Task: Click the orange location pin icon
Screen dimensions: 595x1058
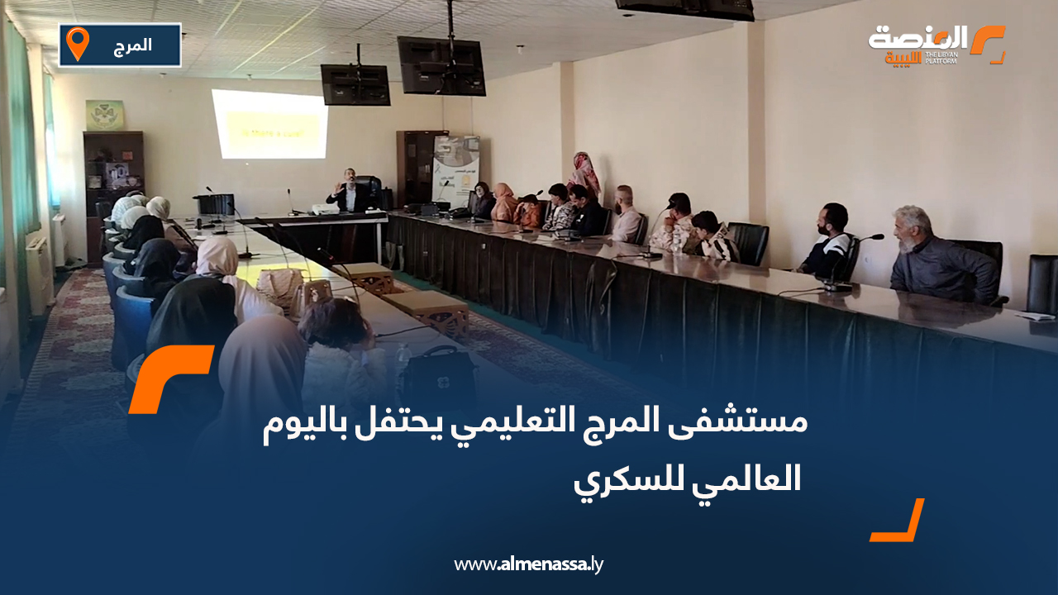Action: point(77,43)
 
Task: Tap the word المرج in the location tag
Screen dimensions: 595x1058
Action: point(132,45)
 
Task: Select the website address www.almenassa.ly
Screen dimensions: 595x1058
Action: point(529,565)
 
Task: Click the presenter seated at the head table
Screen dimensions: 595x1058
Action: point(350,193)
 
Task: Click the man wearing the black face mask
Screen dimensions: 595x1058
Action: point(827,243)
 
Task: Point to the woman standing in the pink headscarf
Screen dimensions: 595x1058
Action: point(584,174)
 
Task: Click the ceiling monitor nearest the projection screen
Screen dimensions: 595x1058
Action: point(355,84)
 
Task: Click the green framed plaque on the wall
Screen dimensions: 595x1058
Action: point(105,115)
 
